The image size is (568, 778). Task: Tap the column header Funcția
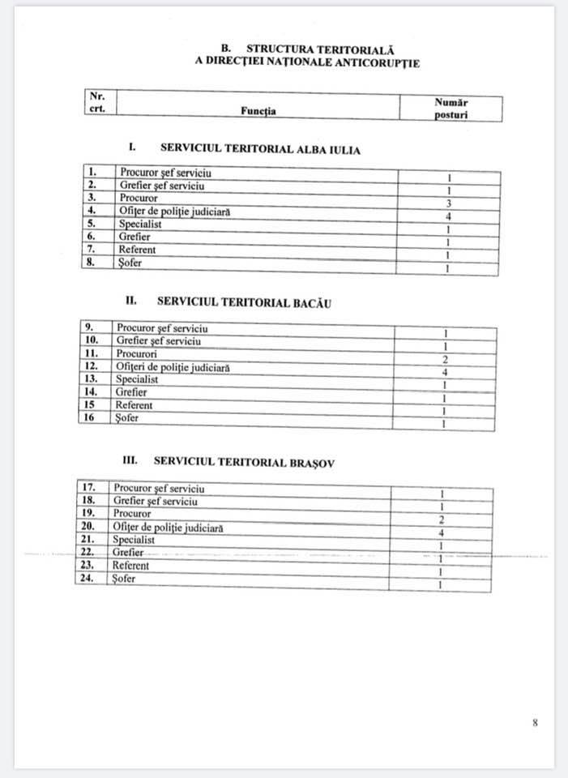tap(258, 111)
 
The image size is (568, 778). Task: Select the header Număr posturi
tap(451, 109)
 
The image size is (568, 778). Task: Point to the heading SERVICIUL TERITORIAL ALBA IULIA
tap(260, 149)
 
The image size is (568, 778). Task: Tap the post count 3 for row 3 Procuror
tap(448, 203)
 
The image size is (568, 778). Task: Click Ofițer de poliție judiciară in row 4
tap(174, 211)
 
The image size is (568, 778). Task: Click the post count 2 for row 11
tap(446, 359)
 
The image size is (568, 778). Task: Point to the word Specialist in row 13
tap(137, 378)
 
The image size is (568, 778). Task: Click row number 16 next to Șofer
tap(91, 417)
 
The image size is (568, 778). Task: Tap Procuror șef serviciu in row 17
tap(159, 488)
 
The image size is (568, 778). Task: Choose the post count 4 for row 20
tap(442, 532)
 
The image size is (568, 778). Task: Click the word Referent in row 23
tap(130, 565)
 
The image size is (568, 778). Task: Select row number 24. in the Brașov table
tap(89, 579)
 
